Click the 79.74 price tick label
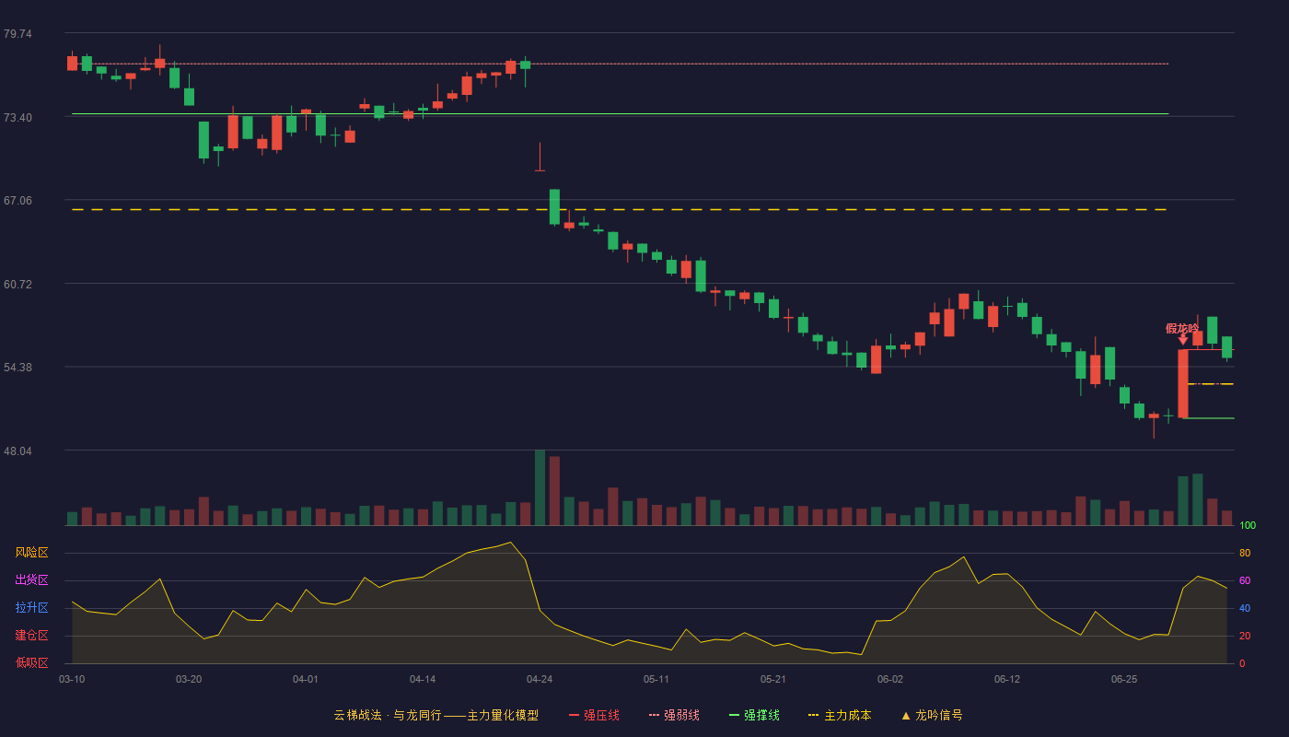17,33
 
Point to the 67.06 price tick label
17,201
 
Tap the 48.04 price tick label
17,450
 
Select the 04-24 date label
540,680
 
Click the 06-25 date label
1124,680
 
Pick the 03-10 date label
72,680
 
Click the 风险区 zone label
31,552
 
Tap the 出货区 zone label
31,579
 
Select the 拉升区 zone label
31,607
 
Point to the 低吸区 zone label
31,662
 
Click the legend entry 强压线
594,715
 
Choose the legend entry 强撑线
754,715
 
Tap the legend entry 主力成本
840,715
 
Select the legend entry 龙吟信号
932,715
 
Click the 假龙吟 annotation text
1182,328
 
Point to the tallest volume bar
540,487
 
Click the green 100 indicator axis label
1248,525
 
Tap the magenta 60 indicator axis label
1245,580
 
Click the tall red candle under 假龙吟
1183,383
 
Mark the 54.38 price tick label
17,368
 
